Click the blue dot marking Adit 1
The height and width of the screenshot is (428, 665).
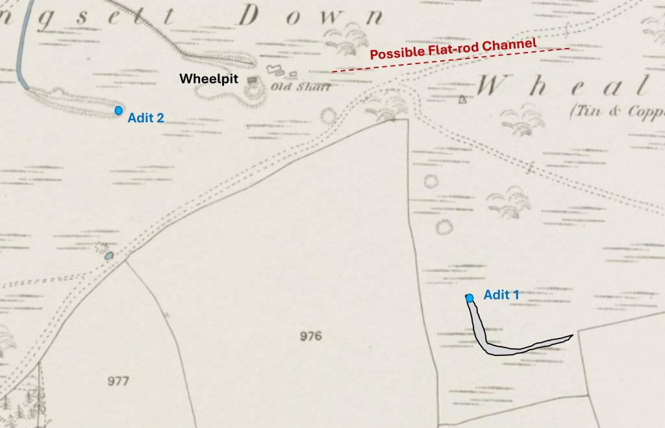[x=470, y=298]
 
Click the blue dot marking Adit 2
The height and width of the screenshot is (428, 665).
[x=118, y=111]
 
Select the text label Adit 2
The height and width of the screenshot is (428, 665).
[x=145, y=118]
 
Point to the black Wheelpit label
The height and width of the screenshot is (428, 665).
[x=209, y=78]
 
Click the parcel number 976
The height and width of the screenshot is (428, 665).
[x=311, y=336]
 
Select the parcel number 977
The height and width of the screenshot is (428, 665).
[x=118, y=381]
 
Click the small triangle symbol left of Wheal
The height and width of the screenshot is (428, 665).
[x=462, y=99]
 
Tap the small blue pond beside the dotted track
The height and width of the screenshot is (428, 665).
[x=109, y=256]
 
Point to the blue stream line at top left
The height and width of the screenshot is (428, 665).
[x=20, y=45]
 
